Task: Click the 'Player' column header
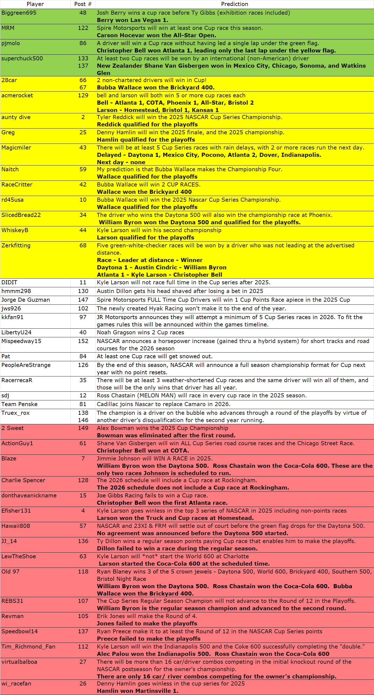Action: (35, 4)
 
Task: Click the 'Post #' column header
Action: (83, 4)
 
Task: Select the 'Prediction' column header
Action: (234, 4)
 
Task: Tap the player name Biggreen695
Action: (19, 13)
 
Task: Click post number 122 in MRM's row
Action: (83, 28)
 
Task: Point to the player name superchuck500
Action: (22, 58)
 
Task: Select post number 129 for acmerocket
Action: (83, 95)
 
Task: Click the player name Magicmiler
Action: (16, 148)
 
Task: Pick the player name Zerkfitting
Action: (16, 245)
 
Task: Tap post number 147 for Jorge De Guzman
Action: (83, 300)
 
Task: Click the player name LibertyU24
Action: (16, 332)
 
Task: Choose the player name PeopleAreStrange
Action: (26, 365)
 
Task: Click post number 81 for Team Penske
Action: (83, 404)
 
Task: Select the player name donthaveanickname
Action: (29, 495)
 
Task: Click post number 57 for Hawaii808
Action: (83, 526)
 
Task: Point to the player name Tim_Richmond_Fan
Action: (28, 647)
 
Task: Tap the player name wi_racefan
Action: (16, 684)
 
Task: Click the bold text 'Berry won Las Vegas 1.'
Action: (132, 20)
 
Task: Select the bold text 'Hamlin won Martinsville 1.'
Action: (138, 691)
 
